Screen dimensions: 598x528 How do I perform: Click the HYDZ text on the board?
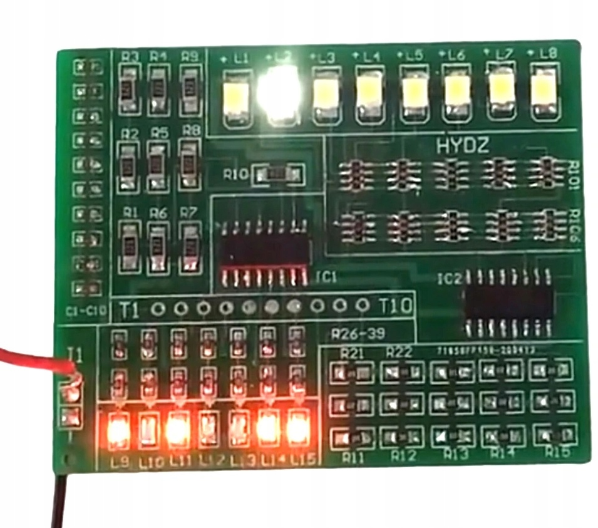point(463,147)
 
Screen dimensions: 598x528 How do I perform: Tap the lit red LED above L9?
point(117,430)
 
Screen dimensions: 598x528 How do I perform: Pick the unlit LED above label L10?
point(148,430)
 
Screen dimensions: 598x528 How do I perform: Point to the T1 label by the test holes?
point(130,308)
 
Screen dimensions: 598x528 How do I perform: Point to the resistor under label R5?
point(158,163)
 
